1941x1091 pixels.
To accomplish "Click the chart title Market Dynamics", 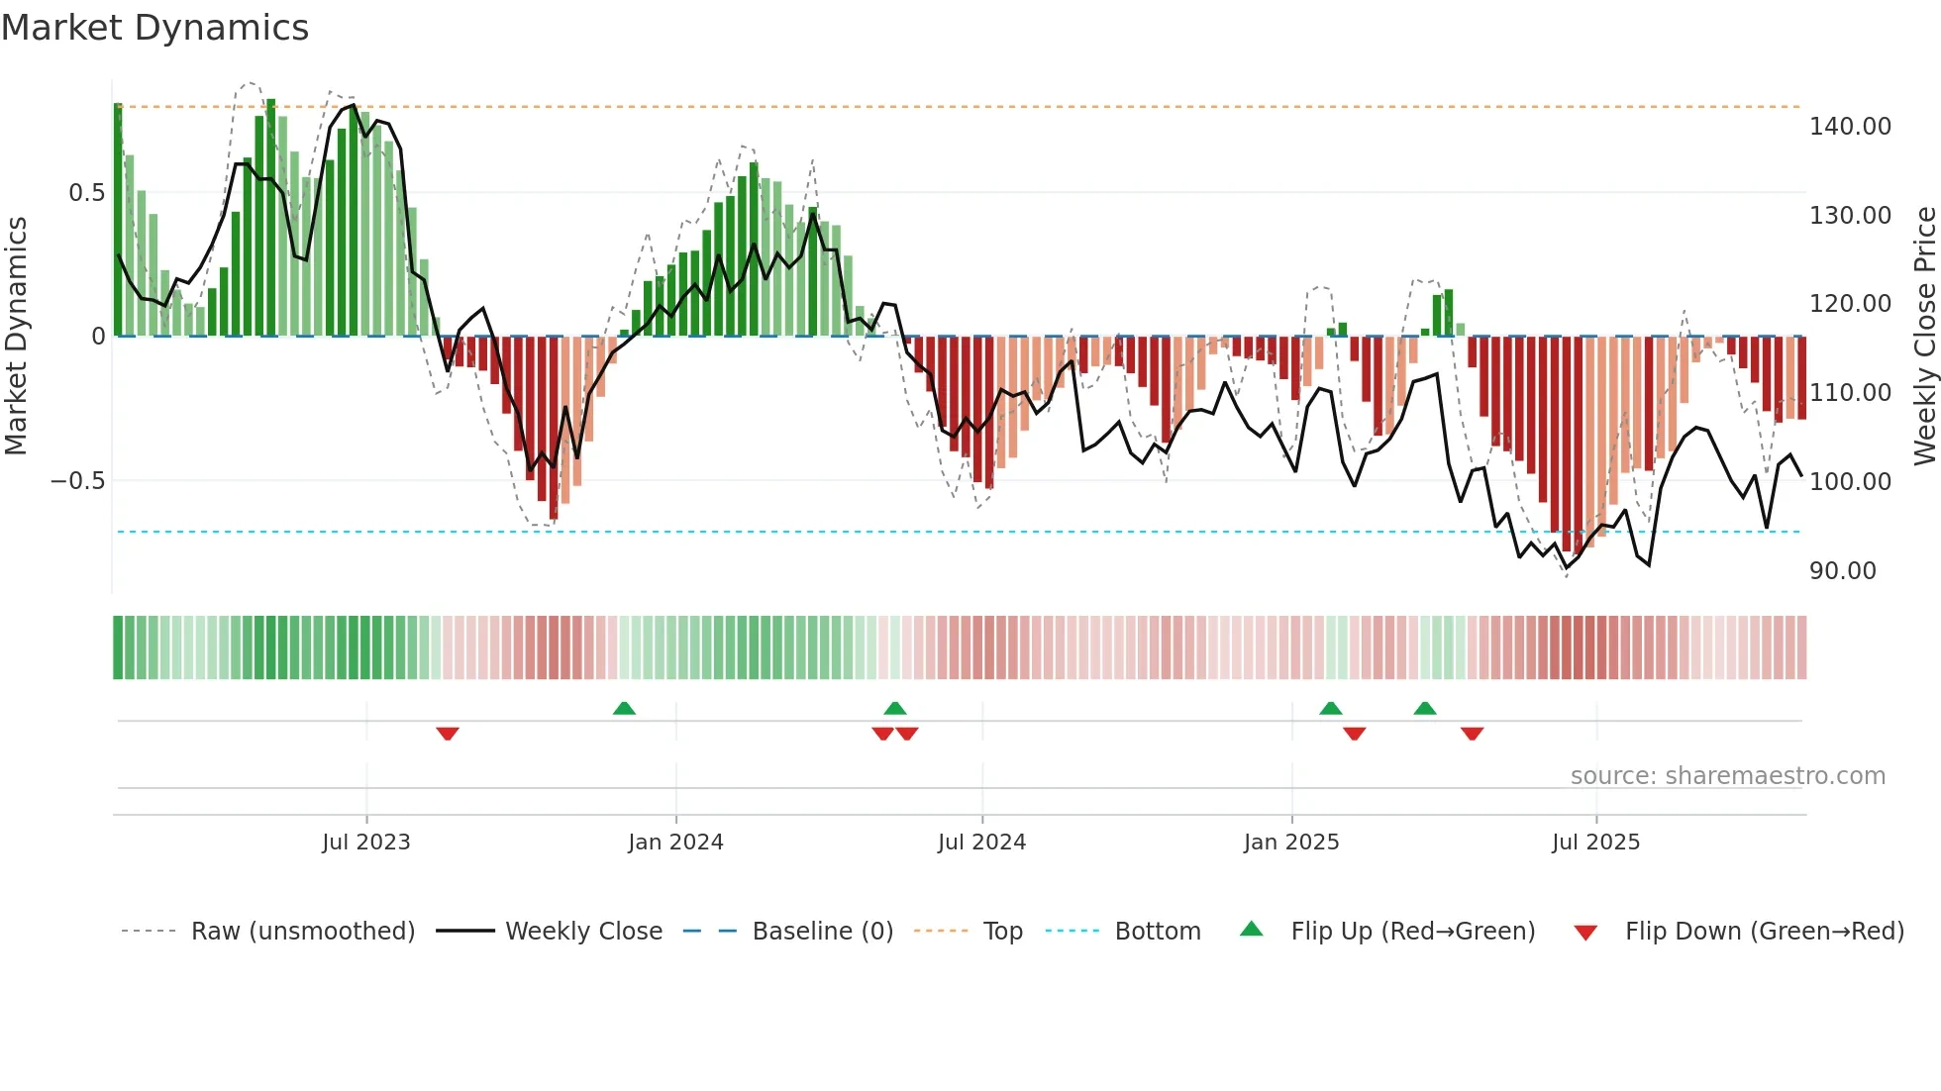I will [x=154, y=28].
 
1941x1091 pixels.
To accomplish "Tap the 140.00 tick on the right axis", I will [x=1849, y=127].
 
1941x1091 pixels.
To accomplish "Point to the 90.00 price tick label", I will [x=1842, y=571].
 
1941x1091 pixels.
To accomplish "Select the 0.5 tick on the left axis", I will [x=86, y=193].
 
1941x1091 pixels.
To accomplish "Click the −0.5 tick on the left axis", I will [x=77, y=481].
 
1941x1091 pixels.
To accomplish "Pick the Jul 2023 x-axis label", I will [x=365, y=843].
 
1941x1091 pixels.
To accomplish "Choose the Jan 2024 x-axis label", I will [x=675, y=843].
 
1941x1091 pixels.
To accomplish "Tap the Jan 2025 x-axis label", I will [x=1290, y=843].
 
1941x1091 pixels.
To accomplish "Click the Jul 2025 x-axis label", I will [x=1595, y=843].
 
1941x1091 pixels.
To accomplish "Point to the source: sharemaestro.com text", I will [x=1727, y=776].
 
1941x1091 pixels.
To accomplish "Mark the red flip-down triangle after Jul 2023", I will [x=448, y=734].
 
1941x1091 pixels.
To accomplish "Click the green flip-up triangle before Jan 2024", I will [x=624, y=708].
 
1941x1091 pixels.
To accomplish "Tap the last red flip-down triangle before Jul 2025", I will [x=1472, y=734].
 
